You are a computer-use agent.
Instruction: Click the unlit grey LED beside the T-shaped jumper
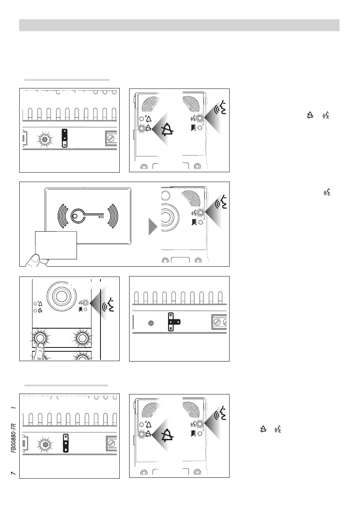[x=150, y=323]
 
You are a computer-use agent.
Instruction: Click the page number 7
[x=14, y=472]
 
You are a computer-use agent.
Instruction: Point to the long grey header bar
[x=179, y=25]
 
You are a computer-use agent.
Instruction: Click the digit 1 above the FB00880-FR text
[x=14, y=408]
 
